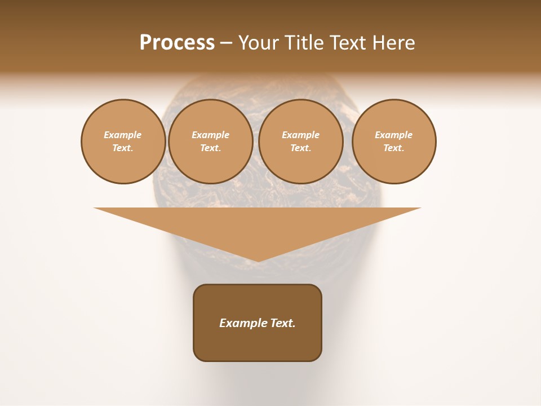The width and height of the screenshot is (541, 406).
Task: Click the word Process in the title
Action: pyautogui.click(x=177, y=43)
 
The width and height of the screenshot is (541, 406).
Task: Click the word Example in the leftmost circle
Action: pyautogui.click(x=123, y=135)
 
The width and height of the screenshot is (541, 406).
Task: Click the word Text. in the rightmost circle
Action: pyautogui.click(x=394, y=148)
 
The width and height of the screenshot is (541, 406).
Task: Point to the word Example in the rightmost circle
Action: pyautogui.click(x=394, y=135)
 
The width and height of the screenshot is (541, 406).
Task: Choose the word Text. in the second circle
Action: pyautogui.click(x=211, y=148)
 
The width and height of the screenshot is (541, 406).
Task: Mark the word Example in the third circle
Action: pyautogui.click(x=301, y=135)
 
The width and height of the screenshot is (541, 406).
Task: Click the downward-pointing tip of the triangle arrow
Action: pyautogui.click(x=258, y=260)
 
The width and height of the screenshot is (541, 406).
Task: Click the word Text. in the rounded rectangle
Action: pyautogui.click(x=283, y=323)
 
